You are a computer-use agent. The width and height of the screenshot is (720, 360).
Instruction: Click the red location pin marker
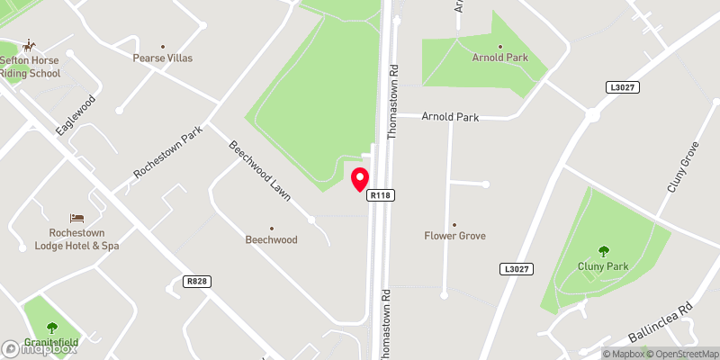(x=360, y=178)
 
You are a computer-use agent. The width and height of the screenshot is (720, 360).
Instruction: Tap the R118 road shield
(x=382, y=194)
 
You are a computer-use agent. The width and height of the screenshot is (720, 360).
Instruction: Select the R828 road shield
(x=197, y=282)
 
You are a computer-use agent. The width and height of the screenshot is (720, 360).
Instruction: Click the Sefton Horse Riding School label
(x=30, y=66)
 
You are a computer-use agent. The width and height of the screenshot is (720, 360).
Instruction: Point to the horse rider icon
(x=30, y=45)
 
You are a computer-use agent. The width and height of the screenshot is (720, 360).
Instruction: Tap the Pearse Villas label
(x=163, y=58)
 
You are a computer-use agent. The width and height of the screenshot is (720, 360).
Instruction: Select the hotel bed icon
(x=77, y=218)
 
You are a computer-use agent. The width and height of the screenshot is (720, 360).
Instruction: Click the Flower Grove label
(x=454, y=236)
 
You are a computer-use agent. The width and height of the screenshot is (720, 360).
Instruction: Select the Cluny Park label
(x=602, y=266)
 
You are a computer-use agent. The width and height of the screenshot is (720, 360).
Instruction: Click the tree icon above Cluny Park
(x=602, y=251)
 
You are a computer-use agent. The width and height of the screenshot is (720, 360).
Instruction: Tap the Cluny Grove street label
(x=682, y=167)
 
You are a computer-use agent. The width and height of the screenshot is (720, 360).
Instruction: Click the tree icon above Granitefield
(x=50, y=327)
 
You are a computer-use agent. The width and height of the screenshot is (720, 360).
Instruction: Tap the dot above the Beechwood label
(x=272, y=228)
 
